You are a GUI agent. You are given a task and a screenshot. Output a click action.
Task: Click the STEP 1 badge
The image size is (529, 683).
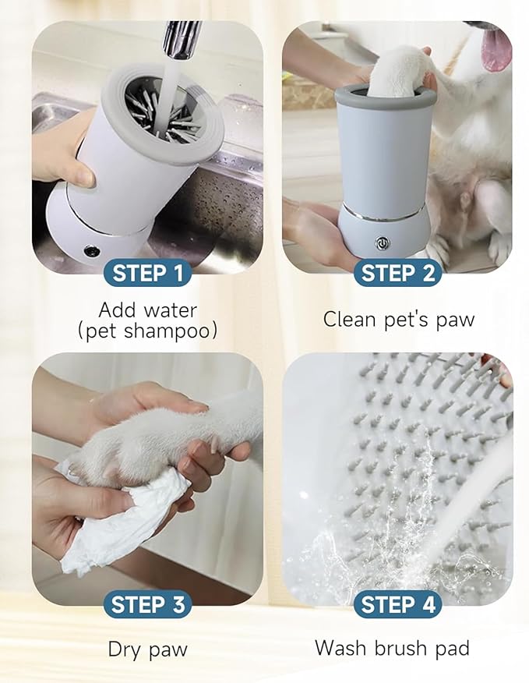pos(147,273)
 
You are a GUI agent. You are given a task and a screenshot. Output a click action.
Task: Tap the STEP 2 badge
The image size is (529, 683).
pos(397,273)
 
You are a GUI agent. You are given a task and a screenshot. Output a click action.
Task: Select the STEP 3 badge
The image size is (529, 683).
pos(147,604)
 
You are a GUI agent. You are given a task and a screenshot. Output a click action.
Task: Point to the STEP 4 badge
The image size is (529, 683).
pos(397,604)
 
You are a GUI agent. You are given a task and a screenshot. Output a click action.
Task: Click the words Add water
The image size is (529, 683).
pos(147,310)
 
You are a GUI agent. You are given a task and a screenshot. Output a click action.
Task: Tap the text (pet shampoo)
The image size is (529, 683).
pos(147,331)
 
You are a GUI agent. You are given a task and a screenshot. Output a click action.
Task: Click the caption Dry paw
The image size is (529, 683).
pos(147,649)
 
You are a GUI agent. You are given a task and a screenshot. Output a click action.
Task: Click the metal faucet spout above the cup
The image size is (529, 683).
pos(181,39)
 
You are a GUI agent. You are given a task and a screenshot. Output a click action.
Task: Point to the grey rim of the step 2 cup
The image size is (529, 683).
pos(385,95)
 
